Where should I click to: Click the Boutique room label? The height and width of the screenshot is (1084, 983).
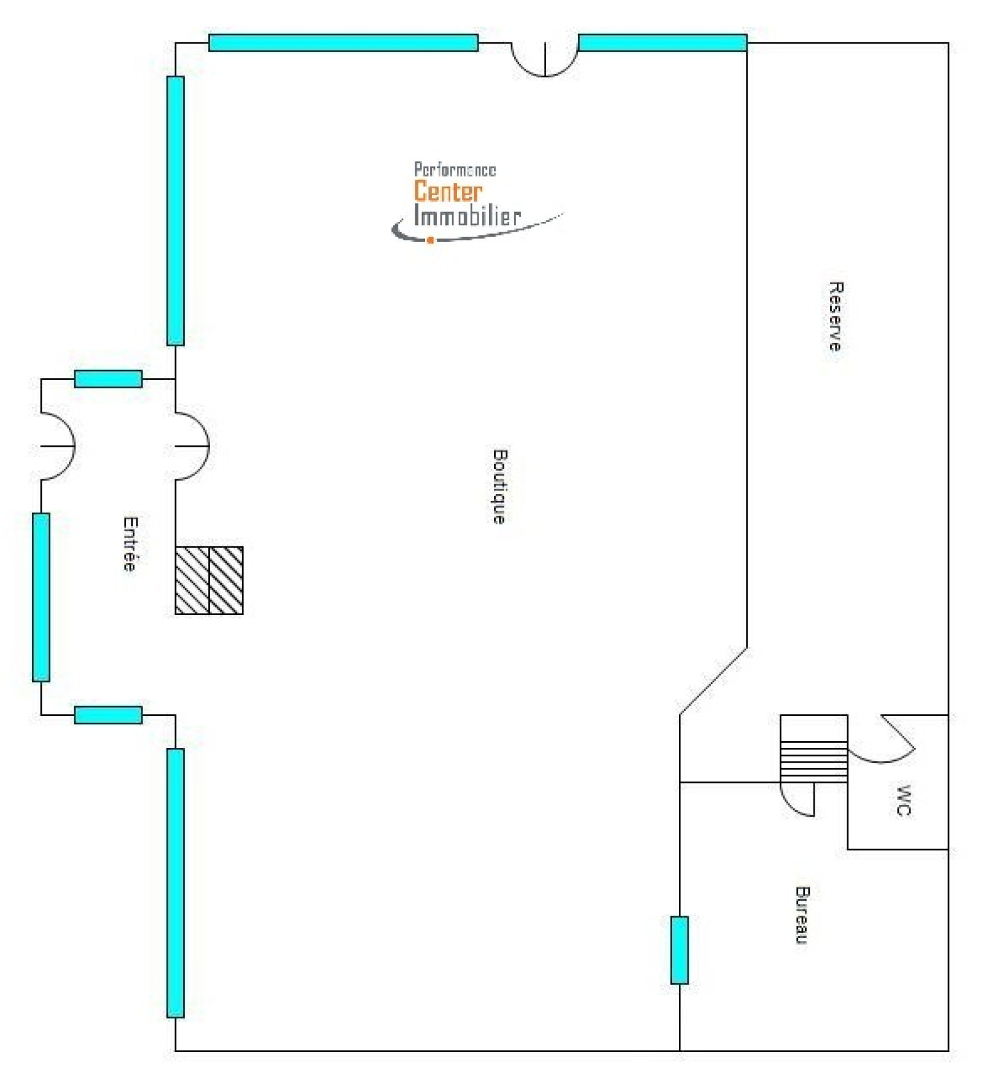tap(500, 486)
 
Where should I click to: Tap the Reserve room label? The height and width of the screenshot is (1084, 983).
tap(836, 316)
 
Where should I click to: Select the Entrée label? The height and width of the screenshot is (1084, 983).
tap(130, 544)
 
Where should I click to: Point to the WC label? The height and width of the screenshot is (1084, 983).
tap(903, 800)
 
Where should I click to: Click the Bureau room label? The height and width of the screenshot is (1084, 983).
tap(802, 915)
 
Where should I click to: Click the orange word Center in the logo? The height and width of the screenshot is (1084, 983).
tap(448, 191)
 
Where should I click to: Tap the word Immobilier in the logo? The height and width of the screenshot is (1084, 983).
tap(467, 216)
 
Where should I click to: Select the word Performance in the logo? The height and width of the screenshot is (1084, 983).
tap(455, 170)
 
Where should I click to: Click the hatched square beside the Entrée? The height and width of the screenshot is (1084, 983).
tap(209, 580)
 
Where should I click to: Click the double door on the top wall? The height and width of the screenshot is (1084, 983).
tap(544, 60)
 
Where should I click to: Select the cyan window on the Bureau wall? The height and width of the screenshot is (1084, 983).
tap(679, 950)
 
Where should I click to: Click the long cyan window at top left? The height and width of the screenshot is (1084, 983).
tap(343, 42)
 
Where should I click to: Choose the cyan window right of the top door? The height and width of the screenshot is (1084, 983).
tap(662, 42)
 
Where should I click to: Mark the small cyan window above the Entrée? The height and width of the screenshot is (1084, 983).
tap(108, 379)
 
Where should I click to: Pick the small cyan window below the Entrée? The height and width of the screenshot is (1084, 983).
tap(108, 715)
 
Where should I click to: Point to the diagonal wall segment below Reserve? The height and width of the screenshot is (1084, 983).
tap(713, 681)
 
